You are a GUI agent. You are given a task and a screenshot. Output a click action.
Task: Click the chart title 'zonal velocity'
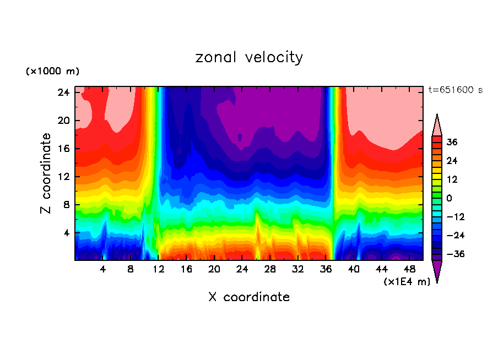[x=249, y=57]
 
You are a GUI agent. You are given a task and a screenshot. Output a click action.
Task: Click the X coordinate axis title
[x=249, y=297]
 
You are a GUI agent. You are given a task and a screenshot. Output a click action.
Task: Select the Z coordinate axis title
[x=46, y=173]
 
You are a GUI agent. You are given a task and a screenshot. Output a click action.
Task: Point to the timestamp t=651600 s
[x=455, y=90]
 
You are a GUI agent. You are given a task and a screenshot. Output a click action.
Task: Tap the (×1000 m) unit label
[x=52, y=72]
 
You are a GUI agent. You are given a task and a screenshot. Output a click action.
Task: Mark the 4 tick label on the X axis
[x=103, y=270]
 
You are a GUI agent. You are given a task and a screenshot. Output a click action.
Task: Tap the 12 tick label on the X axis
[x=159, y=270]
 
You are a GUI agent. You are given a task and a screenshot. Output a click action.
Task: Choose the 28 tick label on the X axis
[x=270, y=270]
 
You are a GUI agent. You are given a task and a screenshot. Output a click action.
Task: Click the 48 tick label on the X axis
[x=409, y=270]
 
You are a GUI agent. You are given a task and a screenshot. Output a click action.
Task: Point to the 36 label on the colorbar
[x=452, y=142]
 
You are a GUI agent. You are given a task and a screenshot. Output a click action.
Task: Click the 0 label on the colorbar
[x=449, y=198]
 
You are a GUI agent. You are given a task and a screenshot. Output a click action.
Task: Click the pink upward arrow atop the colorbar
[x=437, y=126]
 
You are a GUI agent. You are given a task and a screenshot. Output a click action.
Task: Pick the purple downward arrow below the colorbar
[x=437, y=270]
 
